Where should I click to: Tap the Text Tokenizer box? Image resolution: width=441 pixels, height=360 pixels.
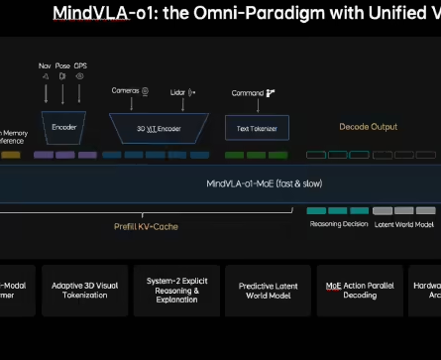[257, 128]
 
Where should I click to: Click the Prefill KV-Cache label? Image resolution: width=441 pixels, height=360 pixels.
[146, 226]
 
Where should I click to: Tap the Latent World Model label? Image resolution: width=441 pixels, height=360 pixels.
[403, 224]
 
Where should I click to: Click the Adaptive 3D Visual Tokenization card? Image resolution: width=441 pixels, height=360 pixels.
[84, 289]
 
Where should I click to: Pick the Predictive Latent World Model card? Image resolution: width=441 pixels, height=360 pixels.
[269, 289]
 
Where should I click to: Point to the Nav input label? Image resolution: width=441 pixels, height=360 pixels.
[45, 65]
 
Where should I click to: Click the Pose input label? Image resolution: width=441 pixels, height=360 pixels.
[62, 65]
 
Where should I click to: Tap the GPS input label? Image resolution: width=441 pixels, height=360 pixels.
[81, 65]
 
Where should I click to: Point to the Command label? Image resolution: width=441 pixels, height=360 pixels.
[248, 92]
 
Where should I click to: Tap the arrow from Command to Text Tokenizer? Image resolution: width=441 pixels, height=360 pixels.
[256, 106]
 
